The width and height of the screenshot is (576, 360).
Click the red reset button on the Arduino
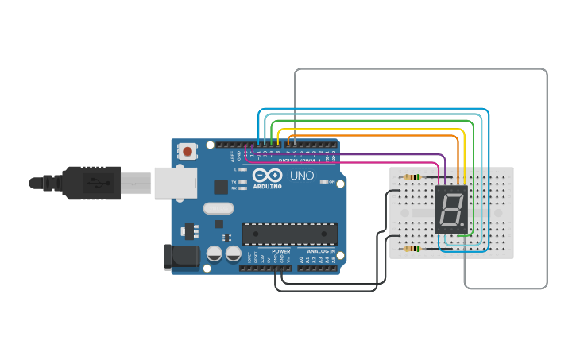pyautogui.click(x=187, y=150)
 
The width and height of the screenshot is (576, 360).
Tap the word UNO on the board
pyautogui.click(x=302, y=176)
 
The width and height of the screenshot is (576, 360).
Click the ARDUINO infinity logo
pyautogui.click(x=267, y=176)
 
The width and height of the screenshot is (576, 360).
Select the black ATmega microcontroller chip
pyautogui.click(x=289, y=234)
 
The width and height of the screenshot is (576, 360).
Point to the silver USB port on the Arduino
pyautogui.click(x=174, y=182)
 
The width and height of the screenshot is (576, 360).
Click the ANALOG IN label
pyautogui.click(x=320, y=251)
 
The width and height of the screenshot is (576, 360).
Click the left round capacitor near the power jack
pyautogui.click(x=214, y=254)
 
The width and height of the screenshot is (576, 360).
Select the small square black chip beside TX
pyautogui.click(x=220, y=187)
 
